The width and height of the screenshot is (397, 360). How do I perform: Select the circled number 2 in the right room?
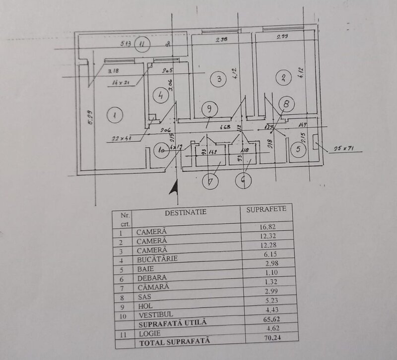coord(283,77)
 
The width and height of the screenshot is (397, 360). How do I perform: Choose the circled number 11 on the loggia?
coord(143,44)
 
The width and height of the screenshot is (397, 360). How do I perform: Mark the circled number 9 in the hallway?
coord(209,108)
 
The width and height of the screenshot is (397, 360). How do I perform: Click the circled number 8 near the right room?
coord(287,104)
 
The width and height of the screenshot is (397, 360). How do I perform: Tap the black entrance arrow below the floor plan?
coord(173,188)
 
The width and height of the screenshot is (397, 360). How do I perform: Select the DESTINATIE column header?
coord(185,212)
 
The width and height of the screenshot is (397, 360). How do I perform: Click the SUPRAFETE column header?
coord(266,209)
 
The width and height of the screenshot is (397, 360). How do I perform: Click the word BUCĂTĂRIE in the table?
coord(157,259)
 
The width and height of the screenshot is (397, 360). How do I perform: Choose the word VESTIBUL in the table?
coord(154,313)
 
